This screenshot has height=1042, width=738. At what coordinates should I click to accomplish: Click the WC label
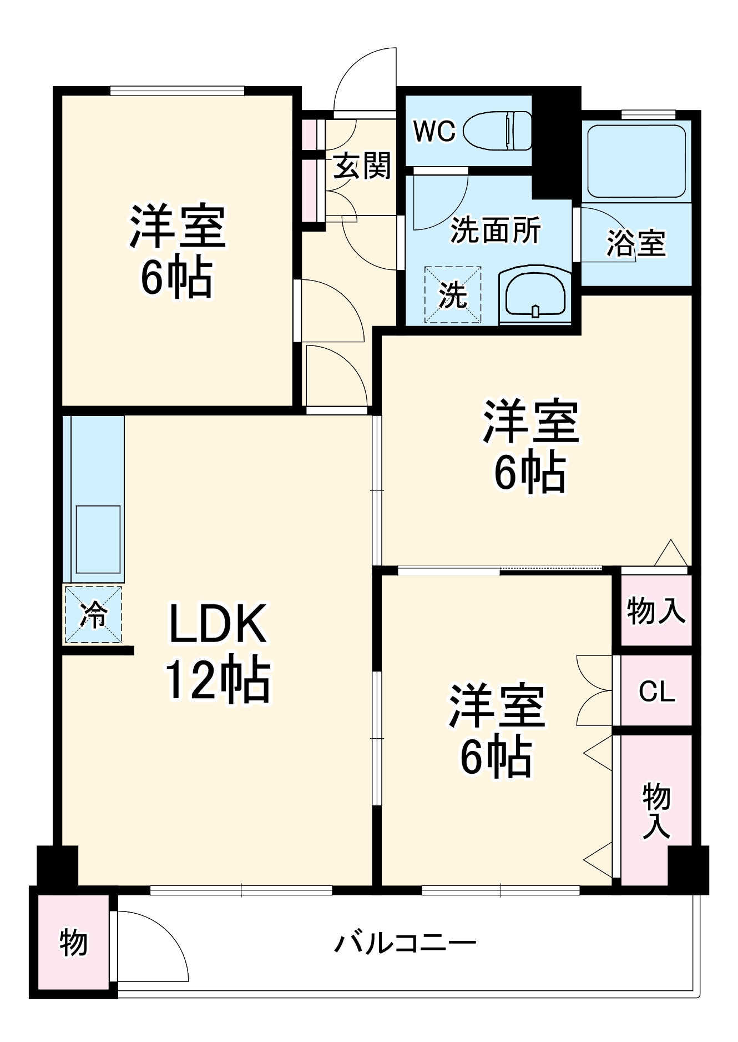pyautogui.click(x=434, y=131)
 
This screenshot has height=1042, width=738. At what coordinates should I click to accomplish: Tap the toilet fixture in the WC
pyautogui.click(x=497, y=131)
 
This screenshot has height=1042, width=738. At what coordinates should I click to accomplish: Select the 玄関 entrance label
pyautogui.click(x=362, y=166)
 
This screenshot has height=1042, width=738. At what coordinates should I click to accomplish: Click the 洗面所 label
pyautogui.click(x=495, y=230)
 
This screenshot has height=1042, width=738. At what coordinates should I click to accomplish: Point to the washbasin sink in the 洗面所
pyautogui.click(x=535, y=294)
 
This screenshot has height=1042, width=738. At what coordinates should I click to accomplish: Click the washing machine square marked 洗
pyautogui.click(x=453, y=295)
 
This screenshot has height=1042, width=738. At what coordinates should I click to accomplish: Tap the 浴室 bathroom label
pyautogui.click(x=636, y=243)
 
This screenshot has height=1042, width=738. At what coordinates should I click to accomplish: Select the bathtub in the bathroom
pyautogui.click(x=636, y=161)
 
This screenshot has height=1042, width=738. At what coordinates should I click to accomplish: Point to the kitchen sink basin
pyautogui.click(x=98, y=539)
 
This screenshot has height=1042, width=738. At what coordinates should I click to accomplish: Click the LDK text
pyautogui.click(x=218, y=623)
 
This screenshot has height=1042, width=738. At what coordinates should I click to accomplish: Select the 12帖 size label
pyautogui.click(x=218, y=680)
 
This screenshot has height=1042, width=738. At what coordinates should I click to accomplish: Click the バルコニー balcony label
pyautogui.click(x=405, y=943)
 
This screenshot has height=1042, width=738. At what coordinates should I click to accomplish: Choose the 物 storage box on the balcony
pyautogui.click(x=73, y=943)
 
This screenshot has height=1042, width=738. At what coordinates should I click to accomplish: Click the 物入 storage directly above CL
pyautogui.click(x=656, y=611)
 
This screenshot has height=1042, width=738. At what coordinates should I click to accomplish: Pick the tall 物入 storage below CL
pyautogui.click(x=656, y=811)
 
